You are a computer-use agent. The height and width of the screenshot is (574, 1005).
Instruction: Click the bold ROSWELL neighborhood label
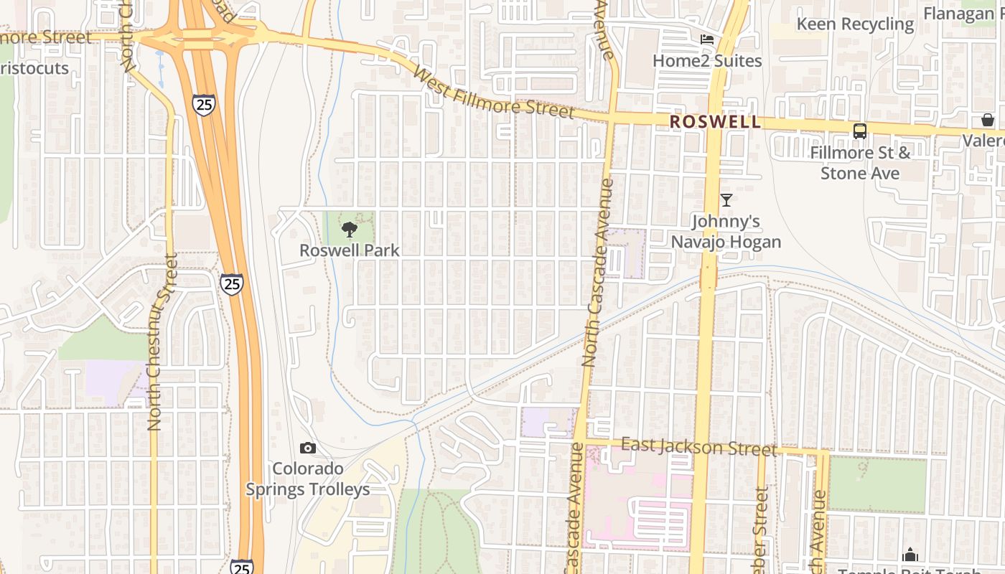click(715, 122)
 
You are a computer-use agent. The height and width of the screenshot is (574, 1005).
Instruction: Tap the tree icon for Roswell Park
click(350, 230)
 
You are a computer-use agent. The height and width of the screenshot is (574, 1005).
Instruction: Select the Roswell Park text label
click(350, 250)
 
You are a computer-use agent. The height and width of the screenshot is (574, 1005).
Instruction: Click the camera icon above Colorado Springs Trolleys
click(308, 448)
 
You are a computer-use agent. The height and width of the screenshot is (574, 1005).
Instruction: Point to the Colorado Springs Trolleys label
click(308, 479)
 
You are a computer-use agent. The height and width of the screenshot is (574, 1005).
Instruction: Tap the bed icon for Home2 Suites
click(707, 39)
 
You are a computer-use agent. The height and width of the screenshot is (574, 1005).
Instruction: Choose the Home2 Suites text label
click(707, 61)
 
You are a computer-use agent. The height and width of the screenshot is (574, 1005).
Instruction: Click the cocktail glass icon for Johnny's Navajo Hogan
click(726, 200)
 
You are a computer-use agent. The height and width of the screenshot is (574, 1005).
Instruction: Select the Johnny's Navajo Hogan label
click(726, 232)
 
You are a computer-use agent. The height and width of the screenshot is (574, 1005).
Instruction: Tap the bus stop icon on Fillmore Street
click(859, 131)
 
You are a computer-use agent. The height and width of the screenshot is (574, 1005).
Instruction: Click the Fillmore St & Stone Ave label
click(860, 163)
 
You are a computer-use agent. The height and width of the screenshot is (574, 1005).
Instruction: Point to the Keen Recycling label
click(856, 24)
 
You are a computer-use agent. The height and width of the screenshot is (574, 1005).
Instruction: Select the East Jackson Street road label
click(698, 447)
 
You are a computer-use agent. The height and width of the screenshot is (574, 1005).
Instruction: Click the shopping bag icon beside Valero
click(988, 120)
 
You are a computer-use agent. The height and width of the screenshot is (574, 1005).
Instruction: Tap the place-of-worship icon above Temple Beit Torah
click(910, 555)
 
